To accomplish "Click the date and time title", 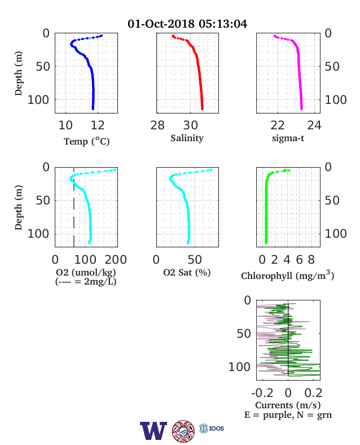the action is pos(187,24).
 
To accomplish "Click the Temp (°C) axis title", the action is pos(86,141).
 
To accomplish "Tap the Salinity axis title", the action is pos(187,138).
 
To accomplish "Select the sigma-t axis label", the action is pos(288,138).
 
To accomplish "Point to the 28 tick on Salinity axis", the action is pos(157,125).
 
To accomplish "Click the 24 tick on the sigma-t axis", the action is pos(314,125).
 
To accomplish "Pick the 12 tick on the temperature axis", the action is pos(98,125).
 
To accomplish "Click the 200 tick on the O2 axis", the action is pos(116,260).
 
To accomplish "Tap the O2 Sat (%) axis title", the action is pos(187,272).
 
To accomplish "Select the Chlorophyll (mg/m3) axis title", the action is pos(287,275).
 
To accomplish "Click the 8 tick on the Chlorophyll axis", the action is pos(311,260).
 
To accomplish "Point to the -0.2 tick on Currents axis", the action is pos(262,393).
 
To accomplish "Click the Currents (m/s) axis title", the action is pos(288,405).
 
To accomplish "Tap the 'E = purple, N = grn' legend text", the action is pos(288,415).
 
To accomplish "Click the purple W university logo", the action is pos(153,430).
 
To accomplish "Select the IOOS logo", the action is pos(212,428).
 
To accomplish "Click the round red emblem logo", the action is pos(183,431).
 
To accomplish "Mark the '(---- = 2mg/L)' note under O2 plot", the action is pos(86,282).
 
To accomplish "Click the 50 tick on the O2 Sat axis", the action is pos(195,260).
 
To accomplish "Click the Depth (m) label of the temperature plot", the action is pos(19,73).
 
